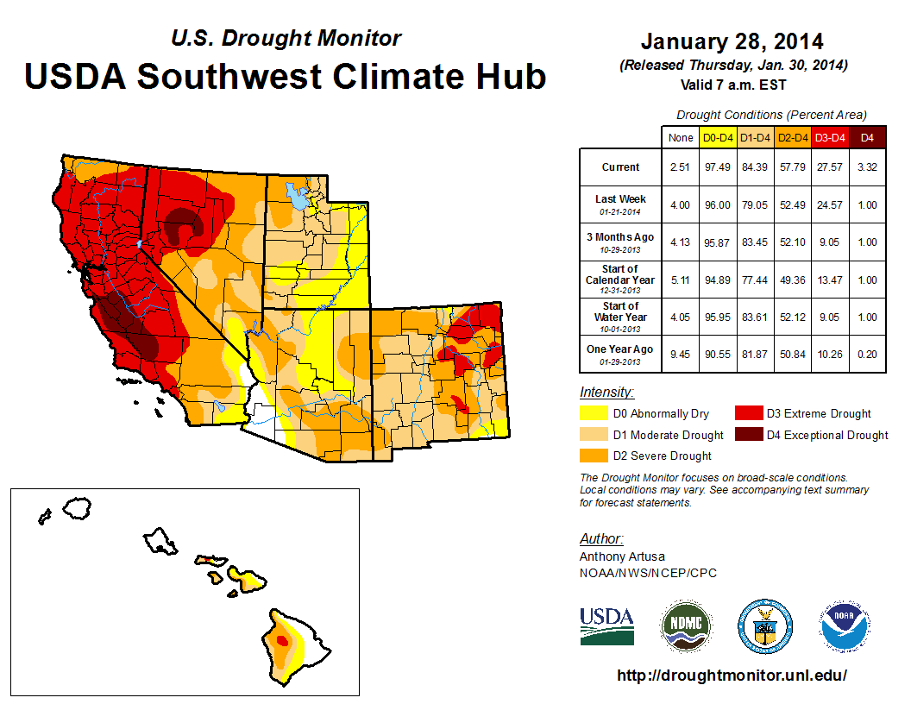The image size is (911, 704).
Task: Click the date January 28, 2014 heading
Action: point(732,41)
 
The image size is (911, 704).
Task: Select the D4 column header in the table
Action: point(867,138)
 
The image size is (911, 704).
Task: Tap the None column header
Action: point(681,138)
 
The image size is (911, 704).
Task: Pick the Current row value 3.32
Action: point(867,167)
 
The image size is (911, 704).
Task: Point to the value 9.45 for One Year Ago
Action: point(681,354)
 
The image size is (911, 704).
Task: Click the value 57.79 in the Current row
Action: point(792,167)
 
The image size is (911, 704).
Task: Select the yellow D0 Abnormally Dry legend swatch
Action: point(593,414)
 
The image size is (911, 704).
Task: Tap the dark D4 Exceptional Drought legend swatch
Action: point(748,435)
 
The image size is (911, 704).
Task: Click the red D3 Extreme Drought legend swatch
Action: point(748,414)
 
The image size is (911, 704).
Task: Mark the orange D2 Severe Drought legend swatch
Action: point(593,456)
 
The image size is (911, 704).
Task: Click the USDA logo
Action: point(606,625)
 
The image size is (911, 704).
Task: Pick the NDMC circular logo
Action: point(686,625)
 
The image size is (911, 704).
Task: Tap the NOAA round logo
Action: point(845,625)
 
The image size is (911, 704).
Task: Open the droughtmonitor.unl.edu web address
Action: point(732,676)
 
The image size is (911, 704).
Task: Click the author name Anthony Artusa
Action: point(622,556)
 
